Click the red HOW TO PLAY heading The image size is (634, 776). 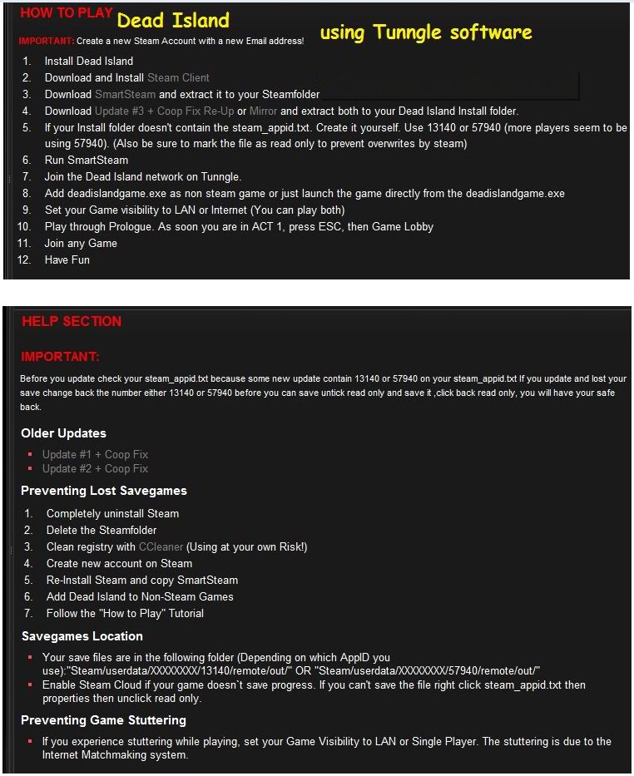[65, 13]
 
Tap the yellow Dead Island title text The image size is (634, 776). [173, 20]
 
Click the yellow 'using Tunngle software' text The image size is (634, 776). [425, 32]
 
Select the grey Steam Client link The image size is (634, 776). [178, 77]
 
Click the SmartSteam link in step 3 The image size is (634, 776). [125, 94]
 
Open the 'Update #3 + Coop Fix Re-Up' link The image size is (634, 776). [164, 111]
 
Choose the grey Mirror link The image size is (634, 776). [263, 111]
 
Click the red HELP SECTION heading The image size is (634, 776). [72, 322]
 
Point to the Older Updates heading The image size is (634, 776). [63, 433]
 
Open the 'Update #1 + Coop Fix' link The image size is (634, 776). [95, 454]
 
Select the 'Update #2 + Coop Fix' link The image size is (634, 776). [95, 469]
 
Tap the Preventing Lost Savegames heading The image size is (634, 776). [104, 491]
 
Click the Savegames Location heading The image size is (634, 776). [82, 636]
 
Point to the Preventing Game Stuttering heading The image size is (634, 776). [103, 720]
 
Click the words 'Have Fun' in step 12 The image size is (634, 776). [67, 259]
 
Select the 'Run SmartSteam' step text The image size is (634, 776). [87, 160]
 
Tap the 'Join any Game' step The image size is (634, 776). [81, 243]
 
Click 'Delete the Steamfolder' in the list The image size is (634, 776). [102, 530]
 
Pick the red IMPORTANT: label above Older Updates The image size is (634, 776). [60, 357]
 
